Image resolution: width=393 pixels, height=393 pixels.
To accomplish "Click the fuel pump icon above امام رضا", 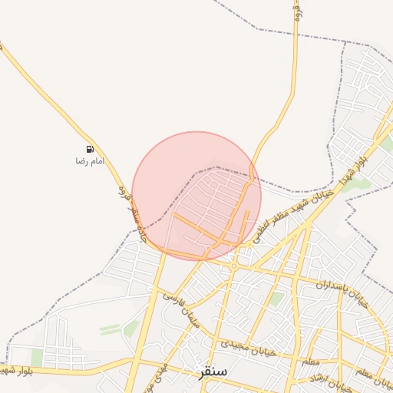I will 91,149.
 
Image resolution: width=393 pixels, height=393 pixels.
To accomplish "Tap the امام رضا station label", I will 89,161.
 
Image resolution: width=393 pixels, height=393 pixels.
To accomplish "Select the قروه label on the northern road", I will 297,12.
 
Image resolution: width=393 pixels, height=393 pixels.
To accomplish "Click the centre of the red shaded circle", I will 196,196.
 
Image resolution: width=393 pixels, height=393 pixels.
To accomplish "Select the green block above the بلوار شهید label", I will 37,358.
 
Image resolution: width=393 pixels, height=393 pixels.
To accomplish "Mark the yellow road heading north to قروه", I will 294,69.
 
